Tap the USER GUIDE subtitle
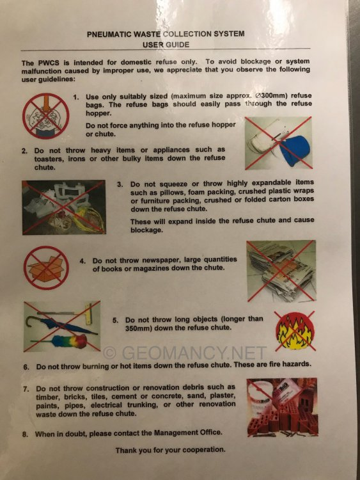click(166, 45)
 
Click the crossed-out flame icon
click(295, 332)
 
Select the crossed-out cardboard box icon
click(46, 268)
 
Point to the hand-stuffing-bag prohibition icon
click(46, 116)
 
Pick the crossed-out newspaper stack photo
click(281, 271)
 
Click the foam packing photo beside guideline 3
click(63, 207)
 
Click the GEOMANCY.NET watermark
click(184, 353)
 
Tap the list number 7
click(26, 389)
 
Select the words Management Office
click(187, 433)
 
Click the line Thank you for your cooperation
click(170, 450)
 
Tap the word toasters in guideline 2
click(49, 159)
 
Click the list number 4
click(82, 261)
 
